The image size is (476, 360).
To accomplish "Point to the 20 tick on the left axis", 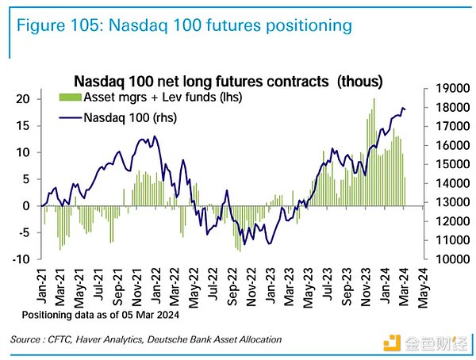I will (x=23, y=99).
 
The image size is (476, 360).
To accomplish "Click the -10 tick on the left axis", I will (x=21, y=259).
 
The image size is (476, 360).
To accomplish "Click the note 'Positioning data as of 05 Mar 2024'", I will (x=98, y=315).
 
